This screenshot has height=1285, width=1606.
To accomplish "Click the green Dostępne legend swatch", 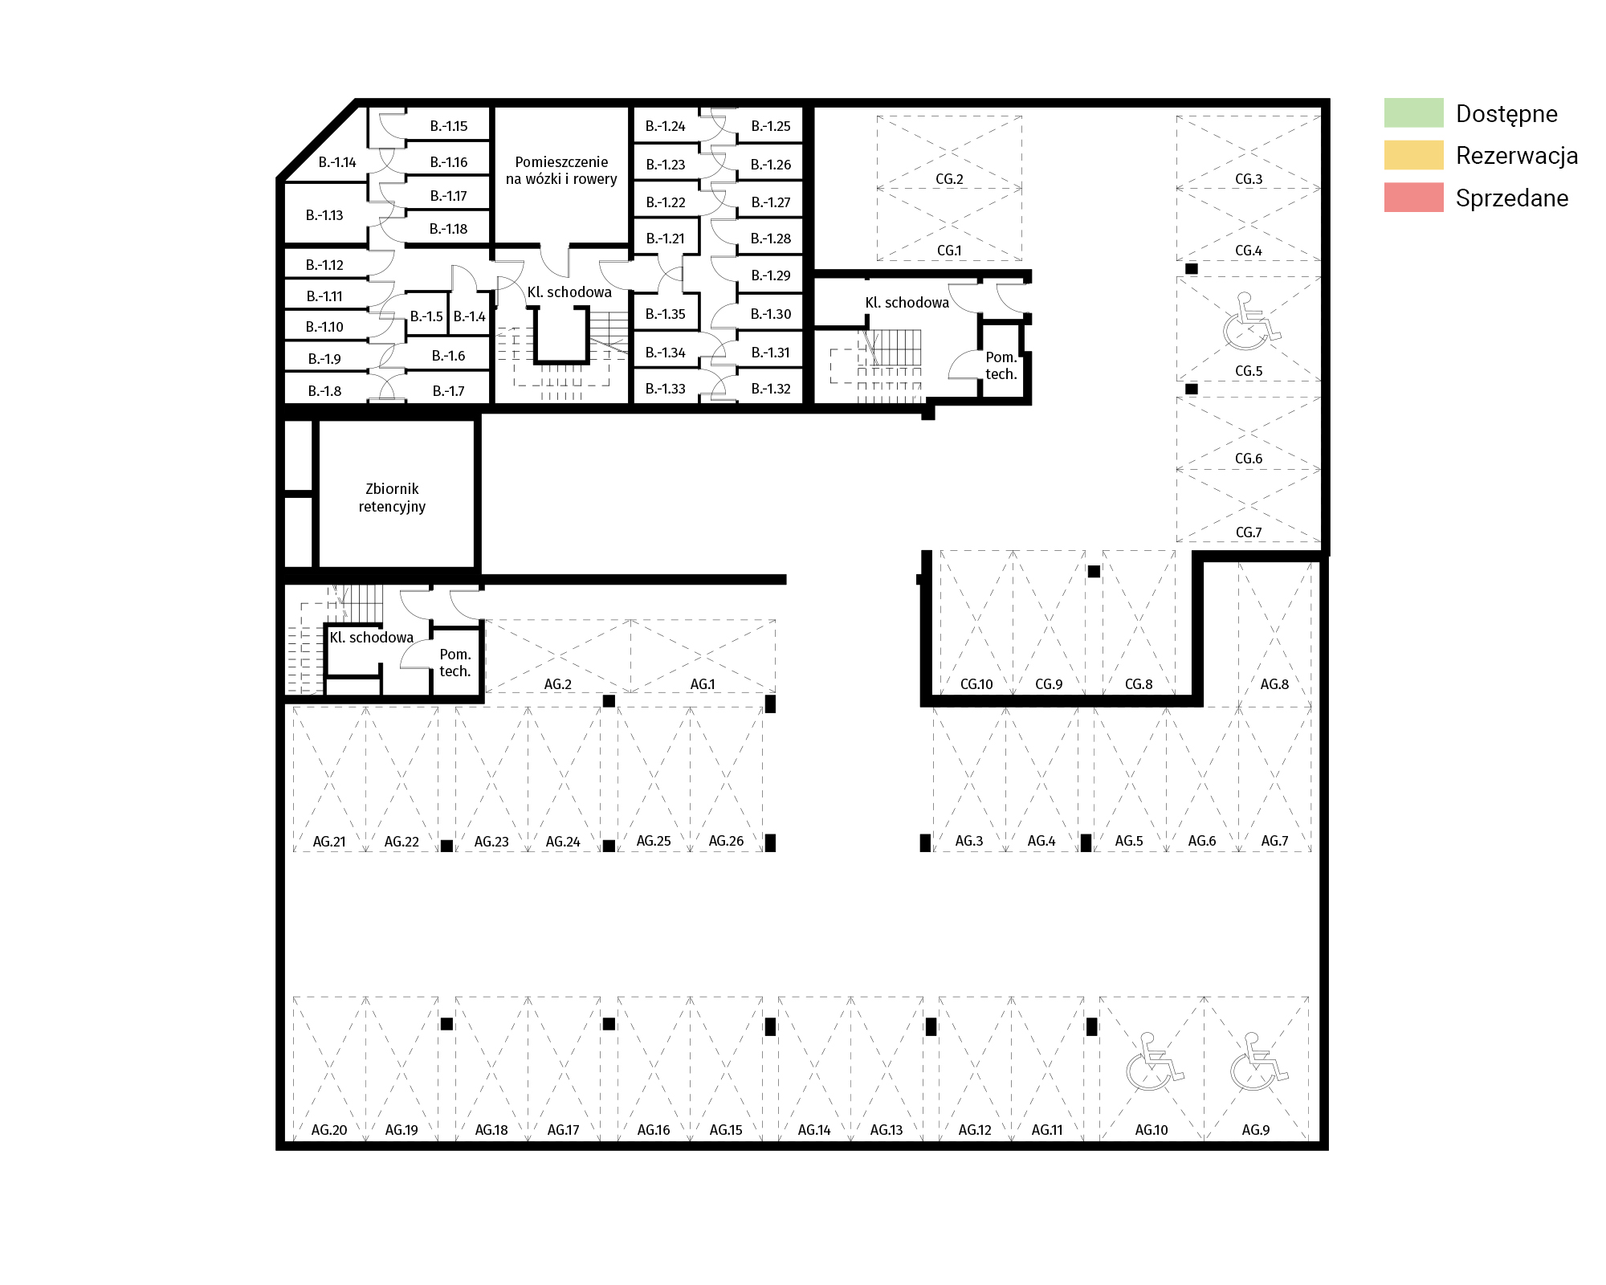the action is tap(1413, 113).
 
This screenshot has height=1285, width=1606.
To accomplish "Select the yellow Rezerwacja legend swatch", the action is tap(1413, 155).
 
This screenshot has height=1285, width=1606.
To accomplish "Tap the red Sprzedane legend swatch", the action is tap(1413, 198).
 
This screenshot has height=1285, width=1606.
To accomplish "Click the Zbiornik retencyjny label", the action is tap(392, 497).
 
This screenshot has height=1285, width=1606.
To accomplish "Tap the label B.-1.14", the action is tap(337, 162).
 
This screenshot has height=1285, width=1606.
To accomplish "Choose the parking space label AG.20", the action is tap(329, 1130).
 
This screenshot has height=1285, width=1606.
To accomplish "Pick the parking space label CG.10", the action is tap(976, 684).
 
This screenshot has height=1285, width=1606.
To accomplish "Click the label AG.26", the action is tap(726, 841).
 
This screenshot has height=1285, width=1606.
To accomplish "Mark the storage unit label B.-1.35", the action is tap(666, 314).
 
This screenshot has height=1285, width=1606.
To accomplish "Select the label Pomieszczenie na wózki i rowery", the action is tap(561, 170).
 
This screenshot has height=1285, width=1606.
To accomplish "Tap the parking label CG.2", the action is tap(949, 179).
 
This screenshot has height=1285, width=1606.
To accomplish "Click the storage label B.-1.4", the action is tap(470, 316).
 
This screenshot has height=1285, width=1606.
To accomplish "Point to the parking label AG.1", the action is tap(703, 684).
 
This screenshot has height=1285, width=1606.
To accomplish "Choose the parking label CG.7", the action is tap(1249, 532).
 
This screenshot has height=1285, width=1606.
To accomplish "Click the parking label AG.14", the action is tap(814, 1130).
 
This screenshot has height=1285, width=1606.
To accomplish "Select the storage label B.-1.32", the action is tap(771, 389).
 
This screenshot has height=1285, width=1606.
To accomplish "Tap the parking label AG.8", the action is tap(1274, 684).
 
